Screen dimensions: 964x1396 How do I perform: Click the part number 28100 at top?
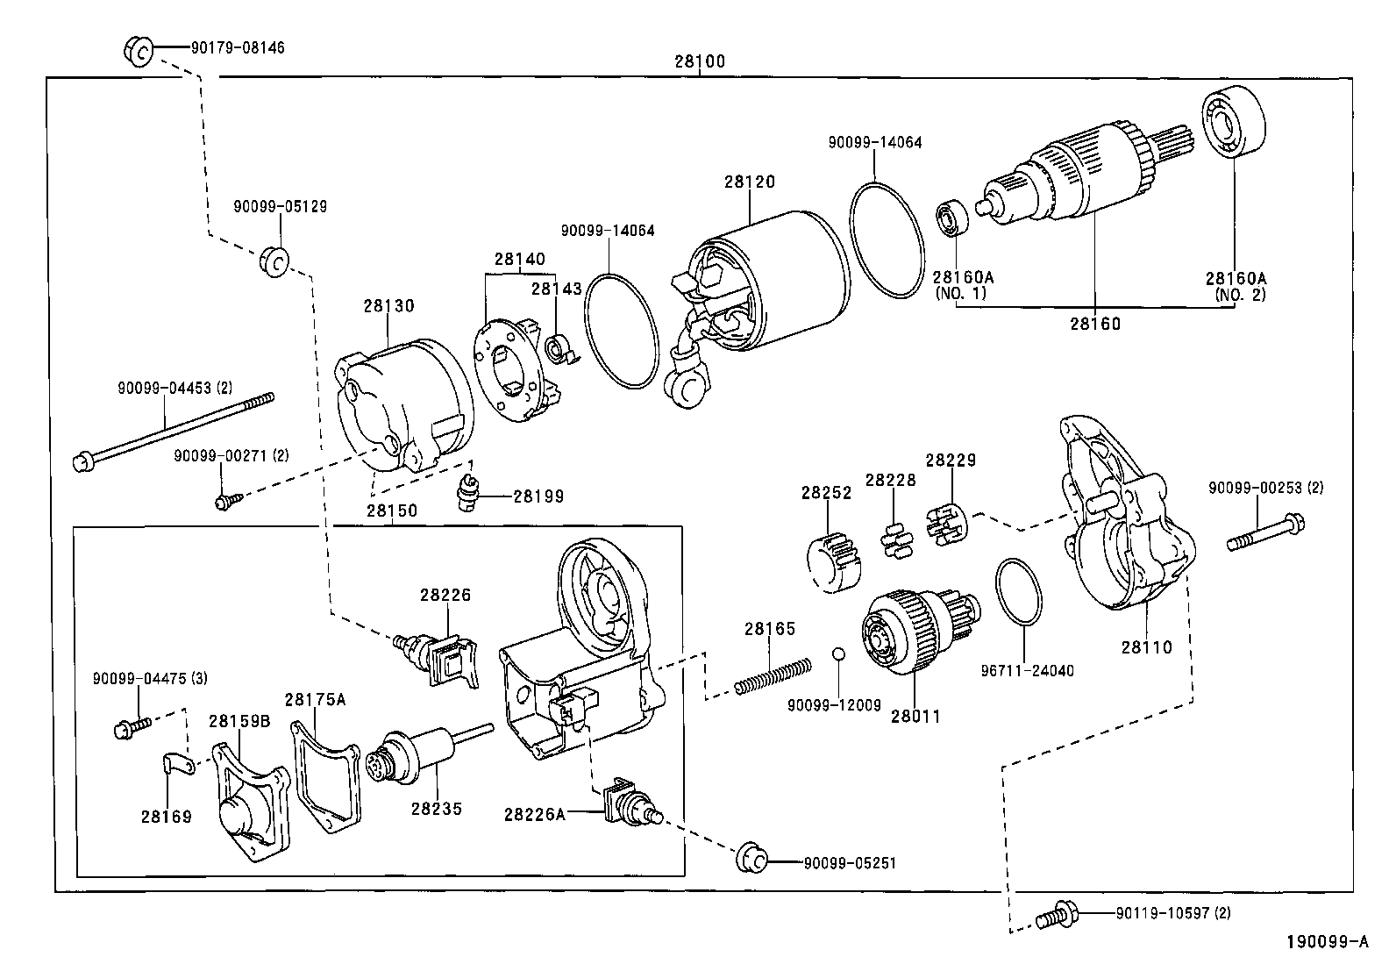pyautogui.click(x=699, y=62)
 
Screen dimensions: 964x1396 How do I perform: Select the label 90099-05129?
pyautogui.click(x=280, y=207)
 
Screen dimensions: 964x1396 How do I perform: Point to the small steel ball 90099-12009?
pyautogui.click(x=838, y=653)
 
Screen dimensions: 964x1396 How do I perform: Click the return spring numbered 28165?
pyautogui.click(x=772, y=678)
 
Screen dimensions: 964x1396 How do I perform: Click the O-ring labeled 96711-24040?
pyautogui.click(x=1020, y=593)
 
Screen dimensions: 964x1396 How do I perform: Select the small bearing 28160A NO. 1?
pyautogui.click(x=951, y=218)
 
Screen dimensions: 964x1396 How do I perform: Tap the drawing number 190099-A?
pyautogui.click(x=1327, y=943)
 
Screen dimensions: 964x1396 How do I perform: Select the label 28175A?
pyautogui.click(x=315, y=700)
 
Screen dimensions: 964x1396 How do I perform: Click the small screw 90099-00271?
pyautogui.click(x=225, y=501)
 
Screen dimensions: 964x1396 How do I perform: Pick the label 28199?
pyautogui.click(x=538, y=496)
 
